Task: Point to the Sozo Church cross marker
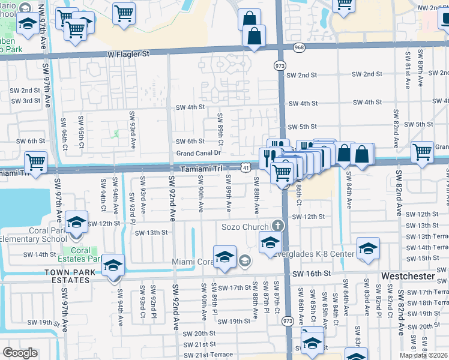coord(277,226)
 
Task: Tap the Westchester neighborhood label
coord(409,275)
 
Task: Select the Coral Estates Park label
coord(80,255)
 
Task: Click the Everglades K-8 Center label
coord(320,253)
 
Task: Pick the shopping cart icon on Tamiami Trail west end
coord(36,161)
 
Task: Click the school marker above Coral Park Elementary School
coord(77,222)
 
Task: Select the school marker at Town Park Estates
coord(113,265)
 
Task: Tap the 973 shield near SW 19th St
coord(288,322)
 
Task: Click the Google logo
coord(20,353)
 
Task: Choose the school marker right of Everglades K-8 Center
coord(368,248)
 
